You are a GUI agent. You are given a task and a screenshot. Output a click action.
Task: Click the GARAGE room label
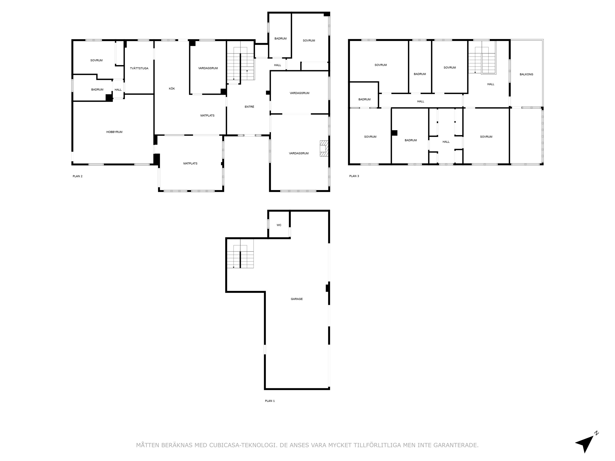[x=297, y=299]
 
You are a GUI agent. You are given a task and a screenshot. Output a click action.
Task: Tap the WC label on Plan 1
[x=279, y=225]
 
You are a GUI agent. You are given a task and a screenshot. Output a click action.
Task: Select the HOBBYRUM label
[x=114, y=132]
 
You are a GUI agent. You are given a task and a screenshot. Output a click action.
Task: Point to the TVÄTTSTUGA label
[x=139, y=68]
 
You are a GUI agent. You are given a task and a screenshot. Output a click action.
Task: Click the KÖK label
[x=172, y=89]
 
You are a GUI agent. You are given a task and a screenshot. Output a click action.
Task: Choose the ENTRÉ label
[x=249, y=107]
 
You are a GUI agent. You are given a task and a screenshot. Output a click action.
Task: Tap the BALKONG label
[x=526, y=74]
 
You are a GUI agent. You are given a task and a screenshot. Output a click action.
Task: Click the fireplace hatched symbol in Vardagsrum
[x=324, y=149]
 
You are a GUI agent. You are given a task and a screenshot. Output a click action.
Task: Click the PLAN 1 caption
[x=270, y=401]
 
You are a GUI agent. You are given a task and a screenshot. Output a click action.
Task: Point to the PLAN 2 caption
[x=77, y=176]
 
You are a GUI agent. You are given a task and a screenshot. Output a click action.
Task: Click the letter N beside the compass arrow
[x=596, y=433]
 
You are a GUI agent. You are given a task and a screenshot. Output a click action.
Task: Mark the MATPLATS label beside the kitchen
[x=207, y=116]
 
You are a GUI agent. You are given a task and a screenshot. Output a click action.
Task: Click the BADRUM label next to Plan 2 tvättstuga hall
[x=97, y=90]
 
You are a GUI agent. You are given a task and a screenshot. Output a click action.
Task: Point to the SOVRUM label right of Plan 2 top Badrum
[x=309, y=41]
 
